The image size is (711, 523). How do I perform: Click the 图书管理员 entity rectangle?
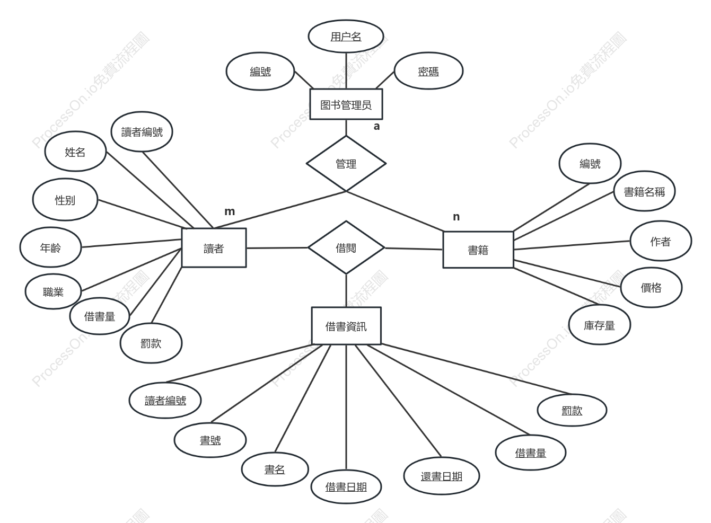pos(346,104)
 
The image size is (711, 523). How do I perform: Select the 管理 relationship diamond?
pos(346,164)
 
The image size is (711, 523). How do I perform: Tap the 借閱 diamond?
pos(346,247)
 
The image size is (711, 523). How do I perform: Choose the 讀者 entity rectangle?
pos(214,247)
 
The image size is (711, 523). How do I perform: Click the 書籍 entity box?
pos(478,250)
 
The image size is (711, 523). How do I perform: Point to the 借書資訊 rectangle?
pos(346,326)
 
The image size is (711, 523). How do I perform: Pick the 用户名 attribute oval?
pos(346,37)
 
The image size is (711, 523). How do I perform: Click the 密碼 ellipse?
pos(428,71)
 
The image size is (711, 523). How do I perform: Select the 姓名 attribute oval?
pos(75,152)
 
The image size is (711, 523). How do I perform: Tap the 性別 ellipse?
pos(65,199)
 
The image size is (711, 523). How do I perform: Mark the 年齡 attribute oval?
pos(50,247)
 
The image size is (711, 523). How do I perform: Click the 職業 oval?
pos(54,291)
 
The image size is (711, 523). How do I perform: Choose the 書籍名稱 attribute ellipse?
pos(644,191)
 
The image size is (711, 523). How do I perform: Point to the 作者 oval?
pos(661,241)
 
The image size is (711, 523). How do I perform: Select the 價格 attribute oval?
pos(651,287)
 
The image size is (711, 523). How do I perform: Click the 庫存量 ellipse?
pos(600,325)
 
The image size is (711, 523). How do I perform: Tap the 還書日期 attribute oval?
pos(442,476)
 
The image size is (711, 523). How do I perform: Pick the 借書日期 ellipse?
pos(346,486)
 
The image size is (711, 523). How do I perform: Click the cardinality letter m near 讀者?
pos(230,211)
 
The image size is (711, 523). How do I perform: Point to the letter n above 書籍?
pos(456,217)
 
